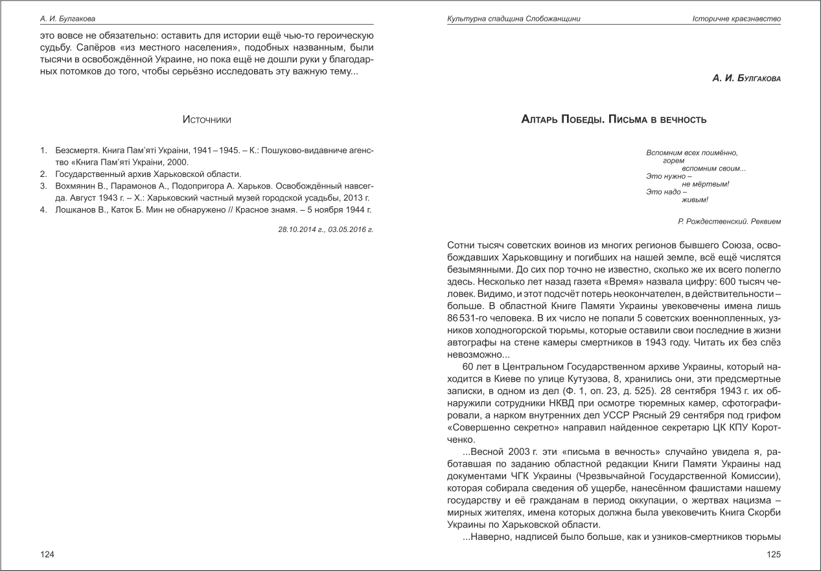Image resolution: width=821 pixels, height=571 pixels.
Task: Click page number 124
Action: [47, 554]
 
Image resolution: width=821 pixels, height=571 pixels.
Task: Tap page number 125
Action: [774, 554]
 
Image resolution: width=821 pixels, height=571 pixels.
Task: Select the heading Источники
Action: [207, 120]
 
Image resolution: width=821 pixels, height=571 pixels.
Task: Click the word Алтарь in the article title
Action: [541, 120]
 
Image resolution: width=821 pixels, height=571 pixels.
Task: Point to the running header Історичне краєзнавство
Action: [736, 19]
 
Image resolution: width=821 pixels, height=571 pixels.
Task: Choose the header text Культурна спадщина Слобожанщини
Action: [513, 19]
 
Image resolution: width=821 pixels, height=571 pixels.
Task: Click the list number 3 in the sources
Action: [43, 186]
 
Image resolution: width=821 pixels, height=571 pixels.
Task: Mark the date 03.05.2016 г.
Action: [351, 229]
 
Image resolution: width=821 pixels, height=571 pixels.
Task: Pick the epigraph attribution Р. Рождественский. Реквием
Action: [729, 222]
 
